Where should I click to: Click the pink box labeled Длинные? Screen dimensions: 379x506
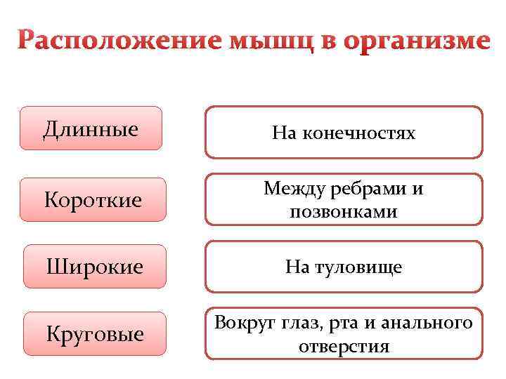91,128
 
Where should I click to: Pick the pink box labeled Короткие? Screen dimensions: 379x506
93,201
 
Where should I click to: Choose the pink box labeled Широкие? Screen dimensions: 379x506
94,267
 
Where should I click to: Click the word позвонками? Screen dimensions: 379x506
343,211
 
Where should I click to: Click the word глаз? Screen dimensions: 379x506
303,324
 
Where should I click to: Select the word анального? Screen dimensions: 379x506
432,324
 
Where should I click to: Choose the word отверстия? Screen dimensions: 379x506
344,346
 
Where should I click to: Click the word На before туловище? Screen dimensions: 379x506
297,267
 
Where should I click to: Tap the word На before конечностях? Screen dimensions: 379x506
285,133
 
